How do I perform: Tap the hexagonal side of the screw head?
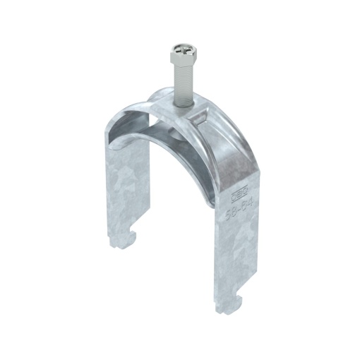click(x=174, y=58)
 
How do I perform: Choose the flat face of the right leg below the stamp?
click(x=230, y=254)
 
